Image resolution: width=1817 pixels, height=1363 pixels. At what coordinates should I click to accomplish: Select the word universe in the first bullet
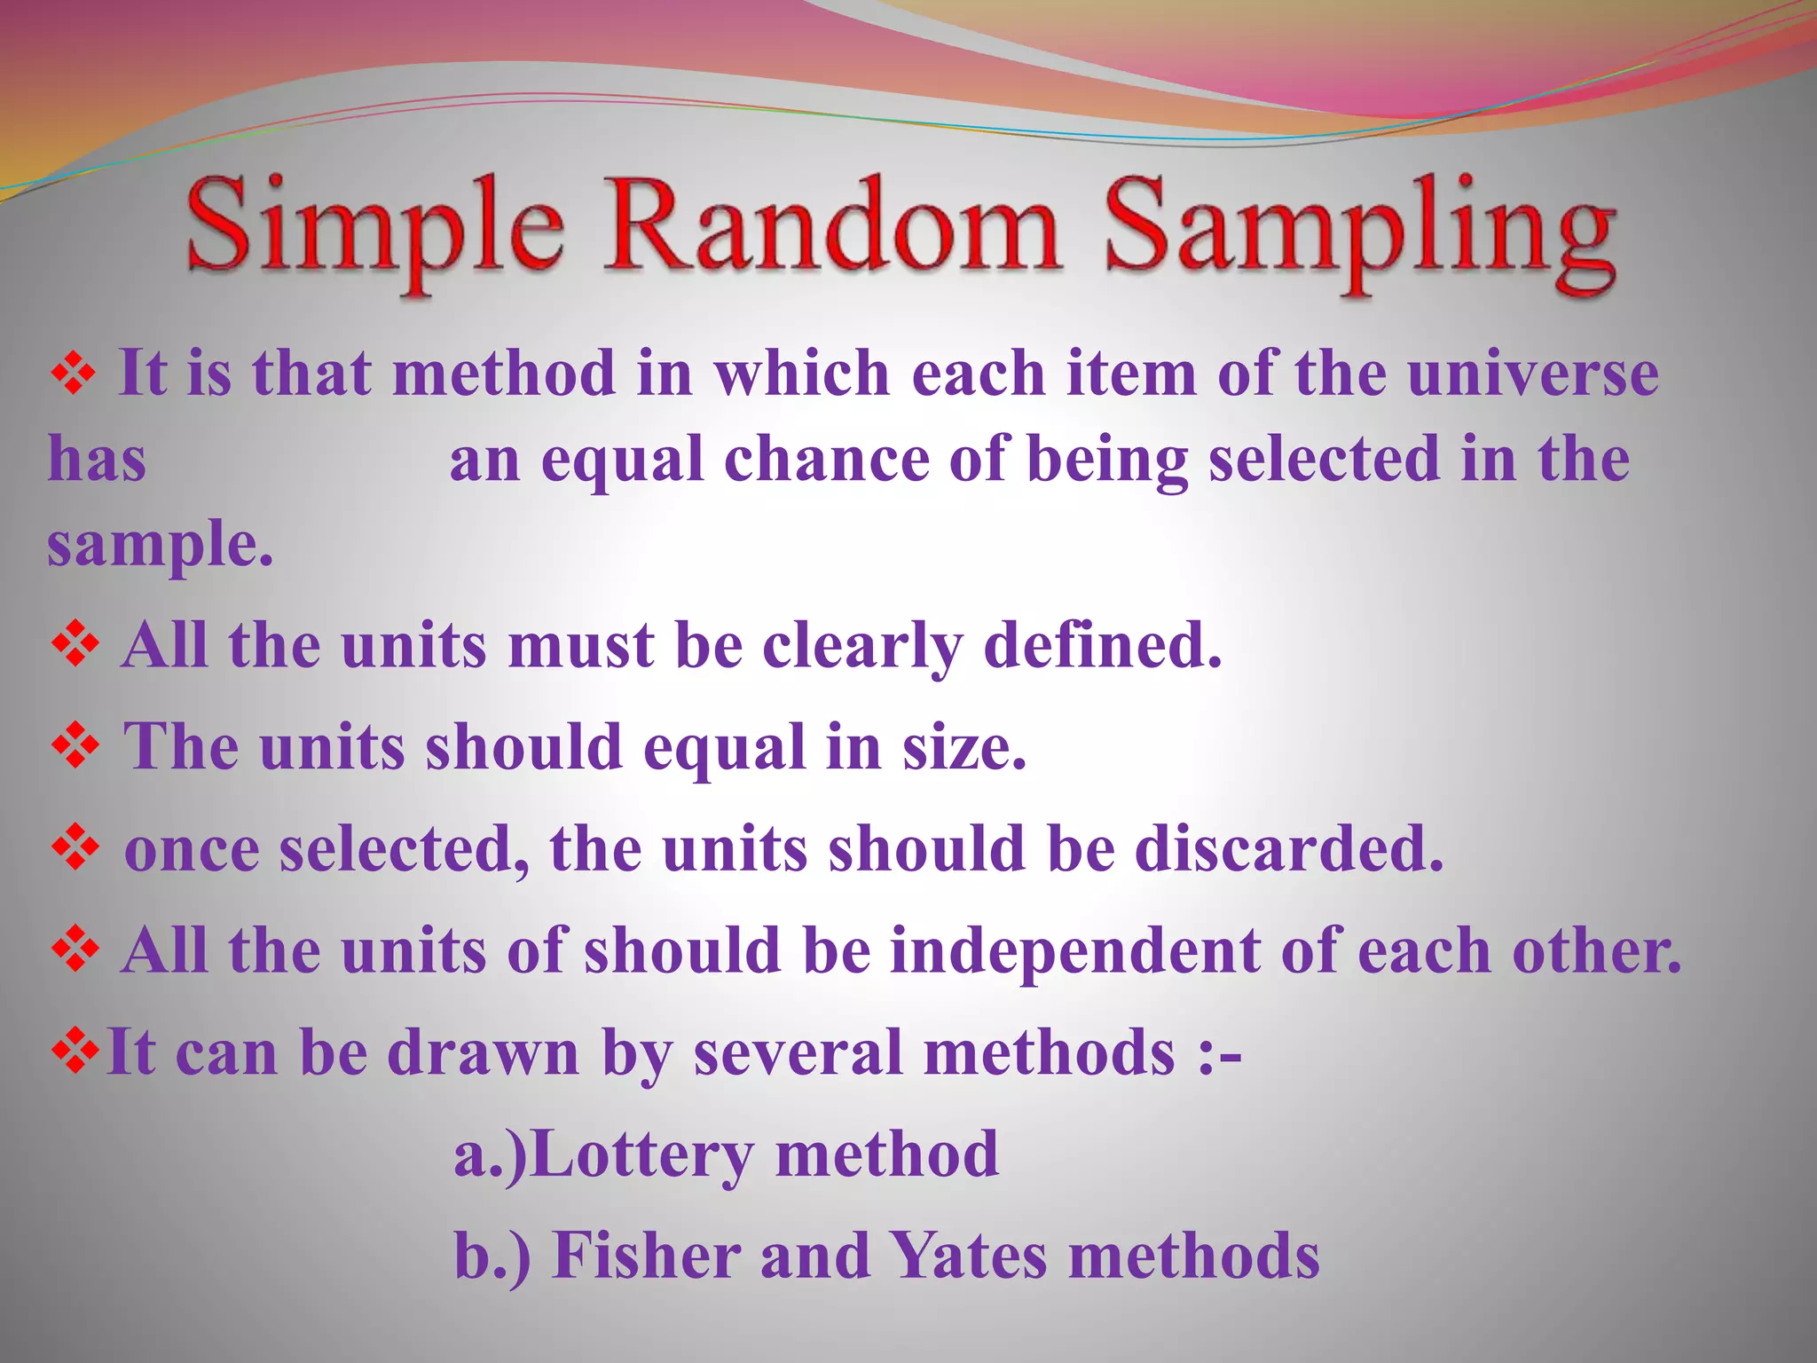coord(1533,373)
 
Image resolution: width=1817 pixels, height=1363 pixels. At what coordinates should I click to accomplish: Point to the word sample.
coord(160,545)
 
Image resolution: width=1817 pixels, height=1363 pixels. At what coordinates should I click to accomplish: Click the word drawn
coord(483,1052)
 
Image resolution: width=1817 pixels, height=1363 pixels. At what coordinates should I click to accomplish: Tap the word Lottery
coord(644,1154)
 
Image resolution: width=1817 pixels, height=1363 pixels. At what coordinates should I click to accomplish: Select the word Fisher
coord(647,1256)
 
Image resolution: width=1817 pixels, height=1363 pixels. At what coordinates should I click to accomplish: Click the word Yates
coord(968,1256)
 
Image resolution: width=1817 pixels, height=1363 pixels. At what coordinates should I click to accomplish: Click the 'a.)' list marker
coord(490,1155)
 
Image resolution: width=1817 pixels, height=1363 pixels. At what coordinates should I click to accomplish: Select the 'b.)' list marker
coord(492,1257)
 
